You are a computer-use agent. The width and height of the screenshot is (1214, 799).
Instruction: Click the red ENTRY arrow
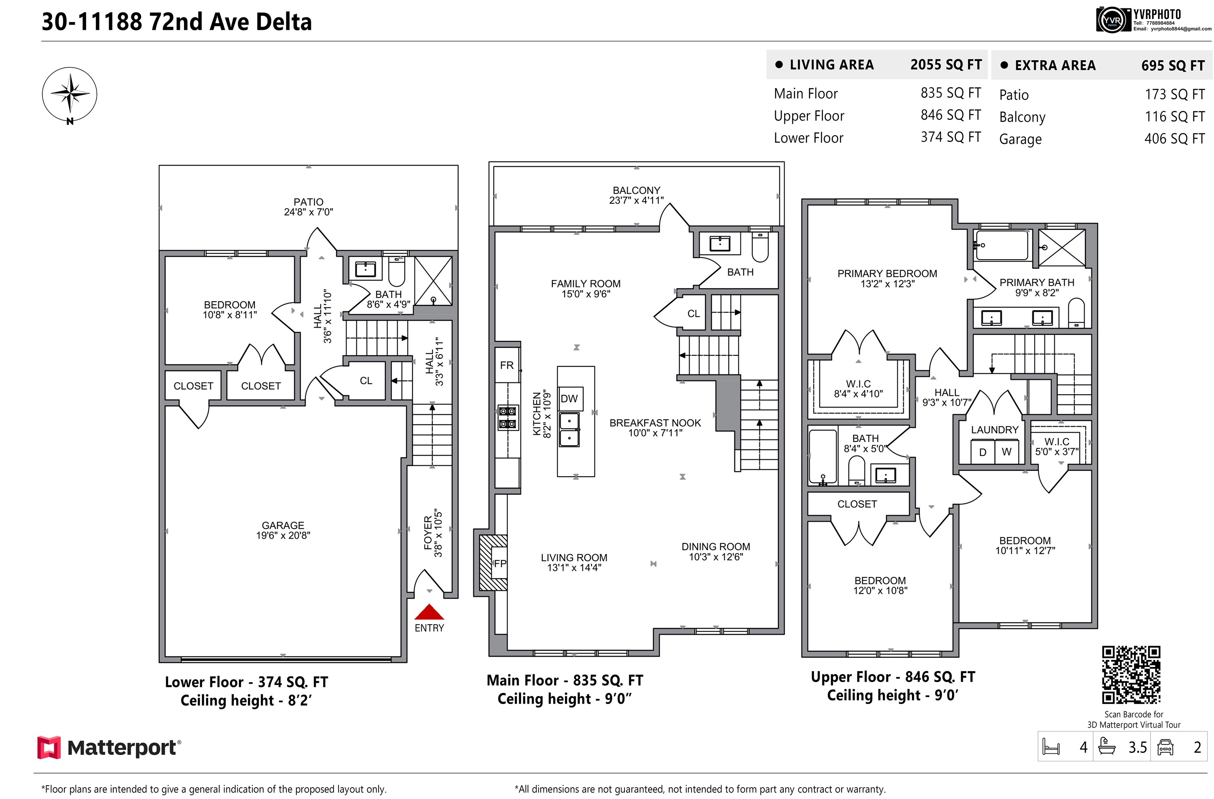click(429, 612)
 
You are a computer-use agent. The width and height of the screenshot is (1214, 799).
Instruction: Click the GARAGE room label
click(283, 525)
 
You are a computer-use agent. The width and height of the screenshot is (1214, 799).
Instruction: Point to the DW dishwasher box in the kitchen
click(570, 399)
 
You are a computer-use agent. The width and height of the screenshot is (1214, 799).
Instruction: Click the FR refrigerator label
click(507, 365)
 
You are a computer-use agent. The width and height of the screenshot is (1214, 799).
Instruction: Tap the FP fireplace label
click(500, 563)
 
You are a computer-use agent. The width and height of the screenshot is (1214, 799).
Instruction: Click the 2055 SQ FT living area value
click(946, 65)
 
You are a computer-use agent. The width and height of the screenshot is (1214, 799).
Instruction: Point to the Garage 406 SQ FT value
click(1174, 139)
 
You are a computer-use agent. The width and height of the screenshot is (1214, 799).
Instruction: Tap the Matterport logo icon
click(49, 748)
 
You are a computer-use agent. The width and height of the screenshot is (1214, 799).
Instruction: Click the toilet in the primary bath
click(1076, 313)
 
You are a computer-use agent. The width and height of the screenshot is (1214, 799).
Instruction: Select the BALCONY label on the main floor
click(636, 190)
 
